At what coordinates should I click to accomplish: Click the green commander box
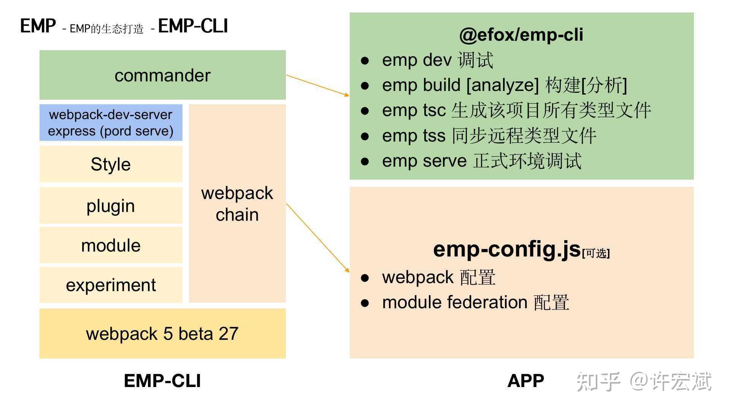tap(162, 75)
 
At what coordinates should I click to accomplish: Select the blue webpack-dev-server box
tap(111, 123)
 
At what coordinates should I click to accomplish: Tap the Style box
tap(111, 164)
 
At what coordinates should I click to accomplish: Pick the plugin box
tap(111, 206)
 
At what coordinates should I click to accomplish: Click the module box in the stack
tap(111, 245)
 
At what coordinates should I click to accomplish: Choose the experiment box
tap(111, 285)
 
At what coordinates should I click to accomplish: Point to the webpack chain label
tap(237, 204)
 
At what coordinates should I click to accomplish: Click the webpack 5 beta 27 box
tap(162, 334)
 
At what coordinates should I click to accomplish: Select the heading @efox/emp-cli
tap(521, 35)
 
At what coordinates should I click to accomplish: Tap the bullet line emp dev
tap(437, 60)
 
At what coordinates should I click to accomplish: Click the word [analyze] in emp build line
tap(503, 85)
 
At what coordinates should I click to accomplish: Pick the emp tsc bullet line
tap(516, 110)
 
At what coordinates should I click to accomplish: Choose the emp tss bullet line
tap(489, 135)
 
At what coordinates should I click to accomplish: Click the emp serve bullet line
tap(481, 161)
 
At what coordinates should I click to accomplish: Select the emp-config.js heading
tap(506, 249)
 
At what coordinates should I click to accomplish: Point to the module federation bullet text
tap(475, 303)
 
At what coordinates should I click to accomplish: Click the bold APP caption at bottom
tap(525, 381)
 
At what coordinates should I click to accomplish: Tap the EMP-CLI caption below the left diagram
tap(162, 381)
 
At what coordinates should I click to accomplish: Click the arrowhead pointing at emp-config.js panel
tap(347, 270)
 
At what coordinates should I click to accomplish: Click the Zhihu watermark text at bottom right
tap(643, 381)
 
